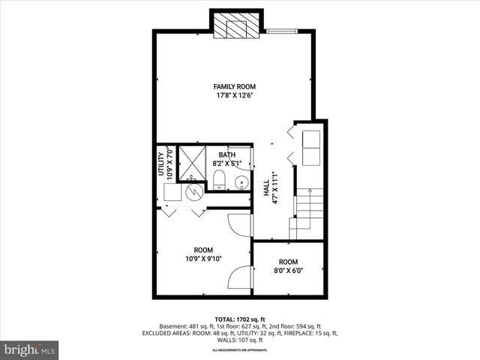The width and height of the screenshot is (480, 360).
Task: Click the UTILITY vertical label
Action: tap(160, 163)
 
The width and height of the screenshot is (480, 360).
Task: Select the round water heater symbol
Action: tap(194, 190)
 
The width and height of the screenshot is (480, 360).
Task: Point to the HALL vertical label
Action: tap(266, 187)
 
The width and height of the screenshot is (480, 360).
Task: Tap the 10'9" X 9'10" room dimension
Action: tap(203, 259)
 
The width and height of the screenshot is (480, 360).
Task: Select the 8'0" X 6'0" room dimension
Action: tap(289, 271)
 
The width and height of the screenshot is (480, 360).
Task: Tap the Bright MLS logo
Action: tap(30, 349)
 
